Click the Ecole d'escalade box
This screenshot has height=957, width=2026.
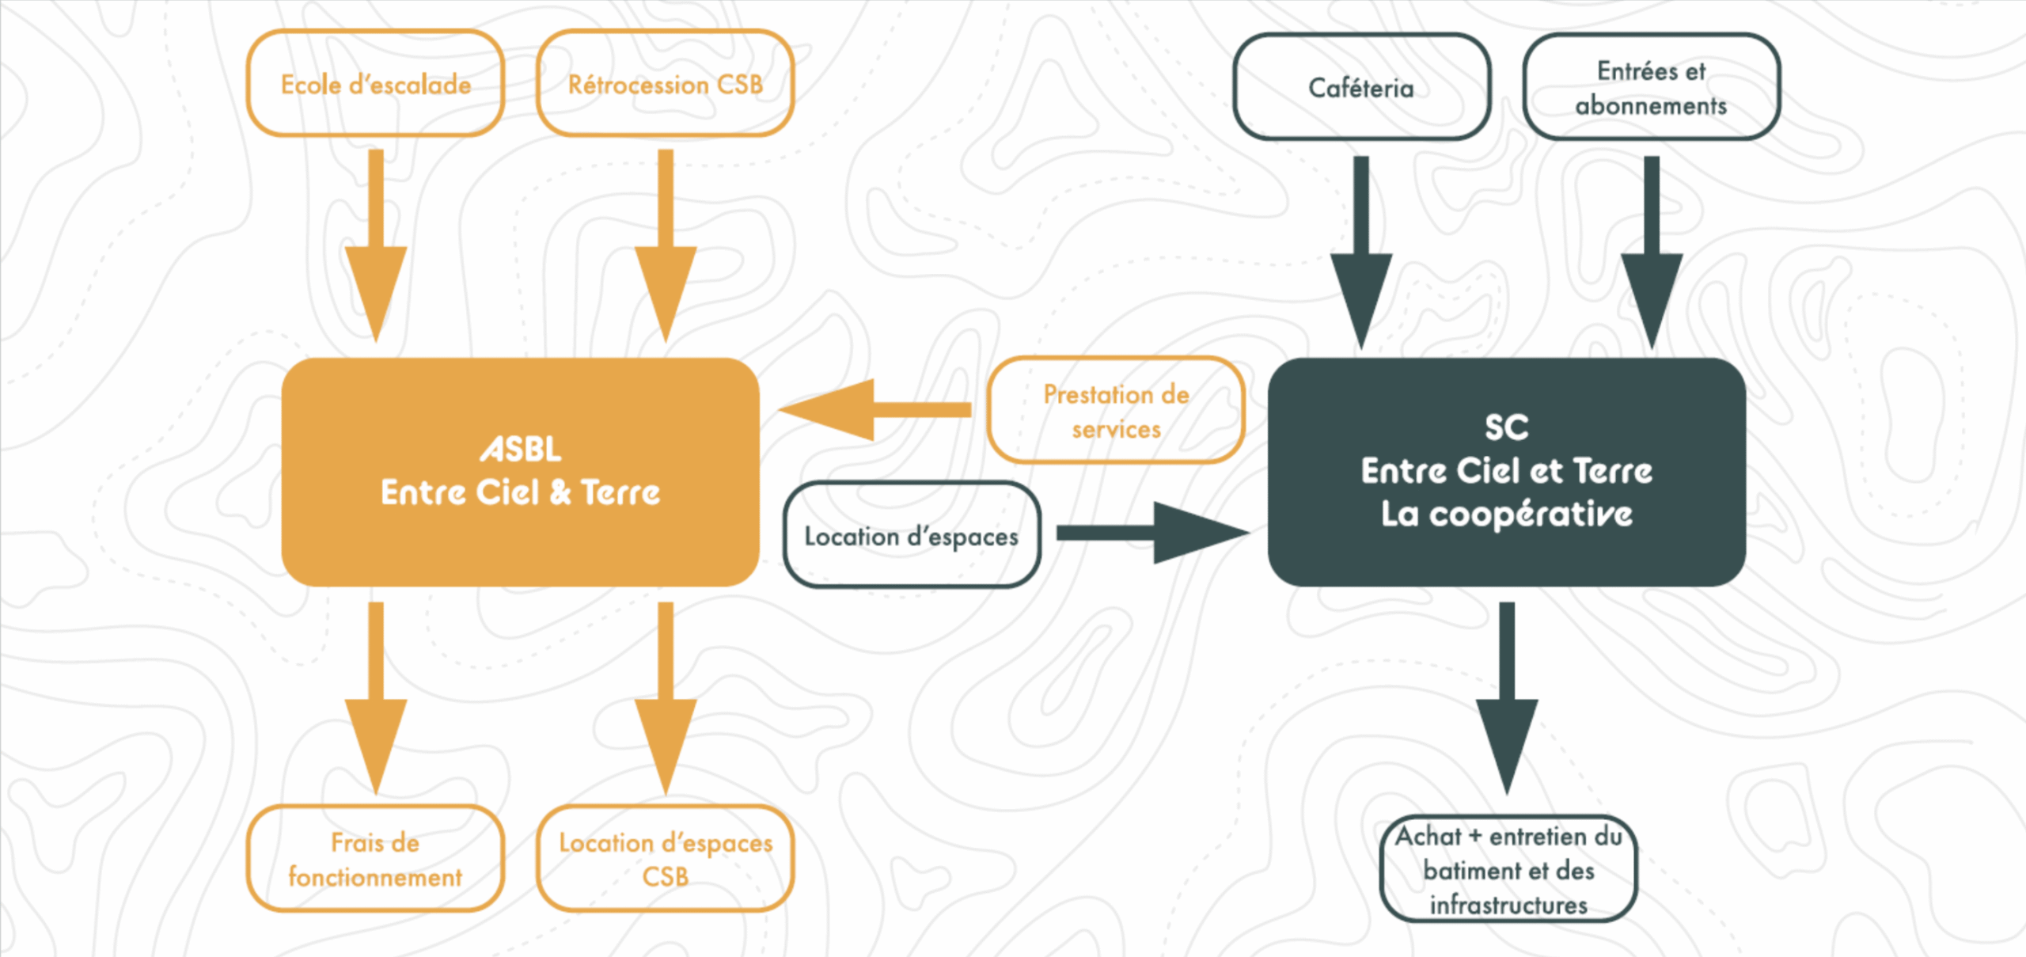tap(375, 83)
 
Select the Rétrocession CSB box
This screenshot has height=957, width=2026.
tap(666, 83)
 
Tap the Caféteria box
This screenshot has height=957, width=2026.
tap(1361, 87)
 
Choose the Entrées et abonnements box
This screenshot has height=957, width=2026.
tap(1652, 87)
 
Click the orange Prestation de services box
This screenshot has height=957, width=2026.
tap(1116, 410)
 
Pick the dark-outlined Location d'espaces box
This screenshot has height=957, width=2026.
tap(912, 535)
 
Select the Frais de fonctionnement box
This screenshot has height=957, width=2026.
tap(375, 859)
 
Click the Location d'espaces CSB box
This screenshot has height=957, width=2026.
tap(666, 859)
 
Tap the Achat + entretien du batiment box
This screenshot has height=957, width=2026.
tap(1508, 869)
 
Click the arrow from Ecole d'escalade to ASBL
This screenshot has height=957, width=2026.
tap(376, 245)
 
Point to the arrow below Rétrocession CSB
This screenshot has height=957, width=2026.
tap(666, 245)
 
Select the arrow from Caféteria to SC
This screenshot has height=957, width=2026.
tap(1361, 253)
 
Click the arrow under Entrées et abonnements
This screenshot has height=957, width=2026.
tap(1652, 253)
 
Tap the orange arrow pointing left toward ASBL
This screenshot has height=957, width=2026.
tap(875, 409)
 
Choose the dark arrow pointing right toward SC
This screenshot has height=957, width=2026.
tap(1154, 533)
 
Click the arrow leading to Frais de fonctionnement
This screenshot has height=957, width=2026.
tap(376, 698)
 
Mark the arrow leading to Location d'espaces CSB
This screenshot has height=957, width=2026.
tap(666, 698)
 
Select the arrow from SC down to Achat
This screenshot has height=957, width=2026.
tap(1507, 698)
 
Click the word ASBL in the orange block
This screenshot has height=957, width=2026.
tap(521, 450)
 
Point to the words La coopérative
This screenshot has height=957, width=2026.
tap(1507, 515)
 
